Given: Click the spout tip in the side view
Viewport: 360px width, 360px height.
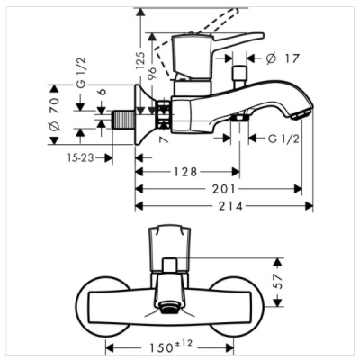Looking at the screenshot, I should [301, 111].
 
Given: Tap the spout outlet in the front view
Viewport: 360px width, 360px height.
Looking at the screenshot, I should [169, 310].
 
